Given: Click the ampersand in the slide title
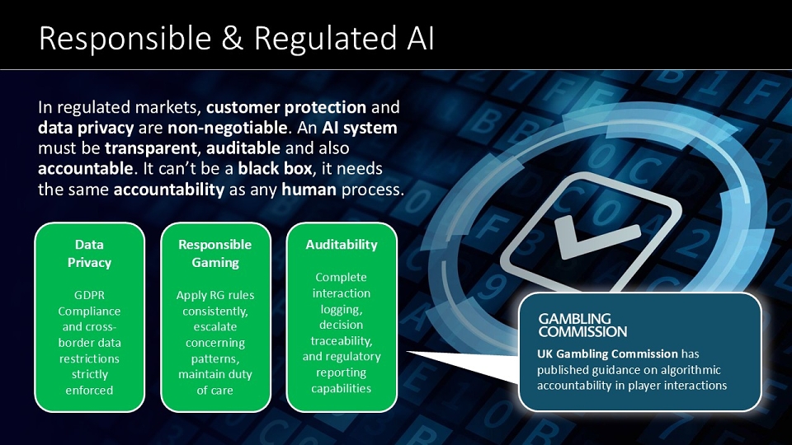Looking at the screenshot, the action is pos(232,39).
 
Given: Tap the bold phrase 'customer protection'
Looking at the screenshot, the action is pos(286,107).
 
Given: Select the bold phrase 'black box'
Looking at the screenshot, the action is pos(275,168).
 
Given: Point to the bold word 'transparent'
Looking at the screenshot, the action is pos(150,148).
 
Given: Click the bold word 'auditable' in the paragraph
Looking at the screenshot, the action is pos(243,148).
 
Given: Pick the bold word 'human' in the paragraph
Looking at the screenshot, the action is pos(309,190).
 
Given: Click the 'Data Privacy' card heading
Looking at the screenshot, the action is pos(89,253).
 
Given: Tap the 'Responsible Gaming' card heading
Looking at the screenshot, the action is pos(215,253).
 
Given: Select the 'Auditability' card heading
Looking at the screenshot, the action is pos(342,245).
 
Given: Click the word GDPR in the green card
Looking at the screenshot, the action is pos(89,295).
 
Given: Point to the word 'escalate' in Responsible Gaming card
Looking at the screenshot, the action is pos(215,326).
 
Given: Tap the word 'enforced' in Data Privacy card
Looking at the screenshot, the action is pos(89,390).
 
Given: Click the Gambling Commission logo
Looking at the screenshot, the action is pos(582,326).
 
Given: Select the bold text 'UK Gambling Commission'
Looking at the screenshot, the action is pos(607,354).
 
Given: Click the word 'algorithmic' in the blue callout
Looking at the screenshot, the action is pos(691,370).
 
